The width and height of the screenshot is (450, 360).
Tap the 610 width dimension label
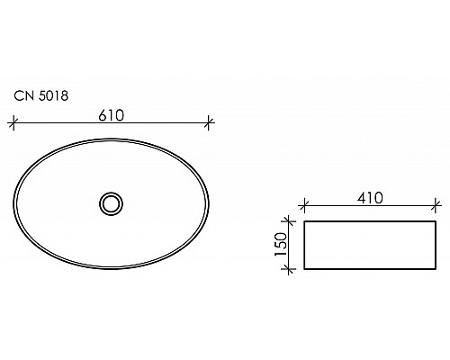click(x=110, y=114)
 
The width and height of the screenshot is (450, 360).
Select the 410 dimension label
click(x=369, y=197)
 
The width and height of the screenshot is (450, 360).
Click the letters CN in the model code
click(x=22, y=94)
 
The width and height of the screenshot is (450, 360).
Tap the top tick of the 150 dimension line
click(x=290, y=219)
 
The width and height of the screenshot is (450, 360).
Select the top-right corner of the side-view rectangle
click(x=436, y=219)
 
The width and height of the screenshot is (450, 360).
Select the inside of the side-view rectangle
click(x=370, y=243)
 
